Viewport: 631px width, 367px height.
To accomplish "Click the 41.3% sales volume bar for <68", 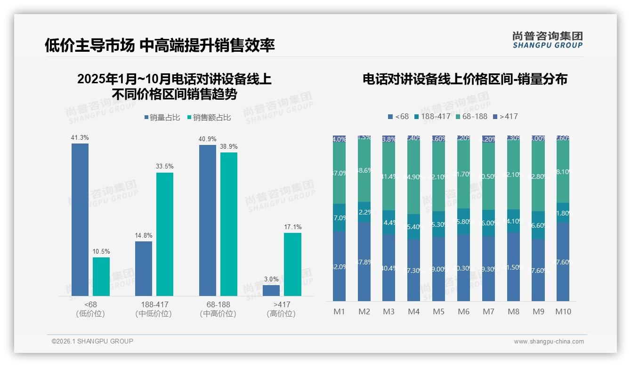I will (80, 219).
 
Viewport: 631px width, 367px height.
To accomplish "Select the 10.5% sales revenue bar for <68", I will (101, 277).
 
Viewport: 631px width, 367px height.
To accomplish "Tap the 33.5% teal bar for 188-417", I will (165, 234).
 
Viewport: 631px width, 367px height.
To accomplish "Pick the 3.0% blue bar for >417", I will (271, 290).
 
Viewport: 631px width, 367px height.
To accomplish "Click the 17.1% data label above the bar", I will (292, 227).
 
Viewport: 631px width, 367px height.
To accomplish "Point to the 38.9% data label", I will (228, 147).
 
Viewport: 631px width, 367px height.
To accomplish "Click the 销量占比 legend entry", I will (162, 118).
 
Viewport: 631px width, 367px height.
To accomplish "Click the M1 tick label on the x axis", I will (339, 312).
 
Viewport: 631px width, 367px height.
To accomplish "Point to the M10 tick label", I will (563, 312).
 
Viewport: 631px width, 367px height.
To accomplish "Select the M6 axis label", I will (463, 312).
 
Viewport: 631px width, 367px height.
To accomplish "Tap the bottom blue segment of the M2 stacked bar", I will (364, 261).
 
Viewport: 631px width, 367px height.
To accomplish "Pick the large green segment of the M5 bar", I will (438, 177).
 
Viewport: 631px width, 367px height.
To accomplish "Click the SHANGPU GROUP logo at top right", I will (547, 40).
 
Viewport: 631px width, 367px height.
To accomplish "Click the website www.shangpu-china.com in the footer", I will (549, 342).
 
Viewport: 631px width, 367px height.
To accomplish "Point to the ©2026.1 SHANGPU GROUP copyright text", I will (92, 341).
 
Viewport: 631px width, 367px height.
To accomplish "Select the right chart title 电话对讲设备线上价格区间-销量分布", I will (465, 80).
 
